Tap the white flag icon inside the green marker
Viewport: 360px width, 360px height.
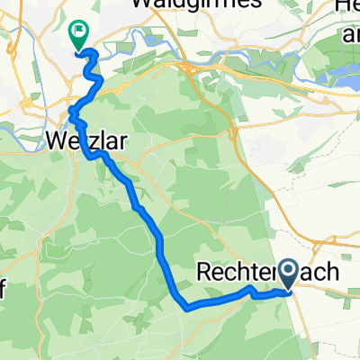point(79,32)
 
